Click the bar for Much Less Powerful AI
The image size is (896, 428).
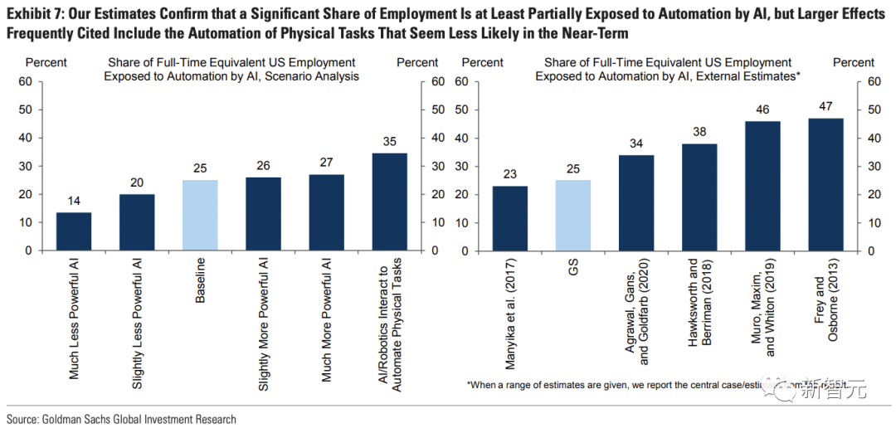click(x=75, y=231)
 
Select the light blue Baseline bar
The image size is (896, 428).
click(x=200, y=216)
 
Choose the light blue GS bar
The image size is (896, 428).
click(x=572, y=216)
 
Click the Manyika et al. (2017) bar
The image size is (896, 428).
click(x=509, y=218)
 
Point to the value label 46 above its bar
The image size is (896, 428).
click(x=762, y=109)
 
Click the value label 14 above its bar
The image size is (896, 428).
click(x=75, y=200)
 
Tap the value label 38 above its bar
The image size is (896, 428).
click(x=699, y=131)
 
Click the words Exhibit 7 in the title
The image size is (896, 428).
click(x=32, y=14)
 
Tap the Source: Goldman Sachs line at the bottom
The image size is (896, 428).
click(x=121, y=419)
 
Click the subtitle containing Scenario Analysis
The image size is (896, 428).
click(x=231, y=69)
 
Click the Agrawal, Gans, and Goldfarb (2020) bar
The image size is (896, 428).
click(x=635, y=202)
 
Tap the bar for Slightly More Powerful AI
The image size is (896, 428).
click(x=263, y=214)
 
